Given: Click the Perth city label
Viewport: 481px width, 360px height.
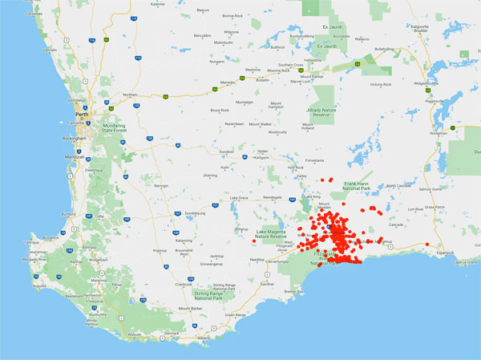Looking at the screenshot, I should (x=80, y=115).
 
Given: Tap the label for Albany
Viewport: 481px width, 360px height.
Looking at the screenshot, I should (x=203, y=338).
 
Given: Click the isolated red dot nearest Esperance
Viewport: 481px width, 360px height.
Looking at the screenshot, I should (x=427, y=244).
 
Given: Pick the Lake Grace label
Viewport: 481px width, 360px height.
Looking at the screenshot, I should (x=238, y=197).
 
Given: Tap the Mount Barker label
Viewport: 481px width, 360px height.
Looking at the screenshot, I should (x=190, y=308).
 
